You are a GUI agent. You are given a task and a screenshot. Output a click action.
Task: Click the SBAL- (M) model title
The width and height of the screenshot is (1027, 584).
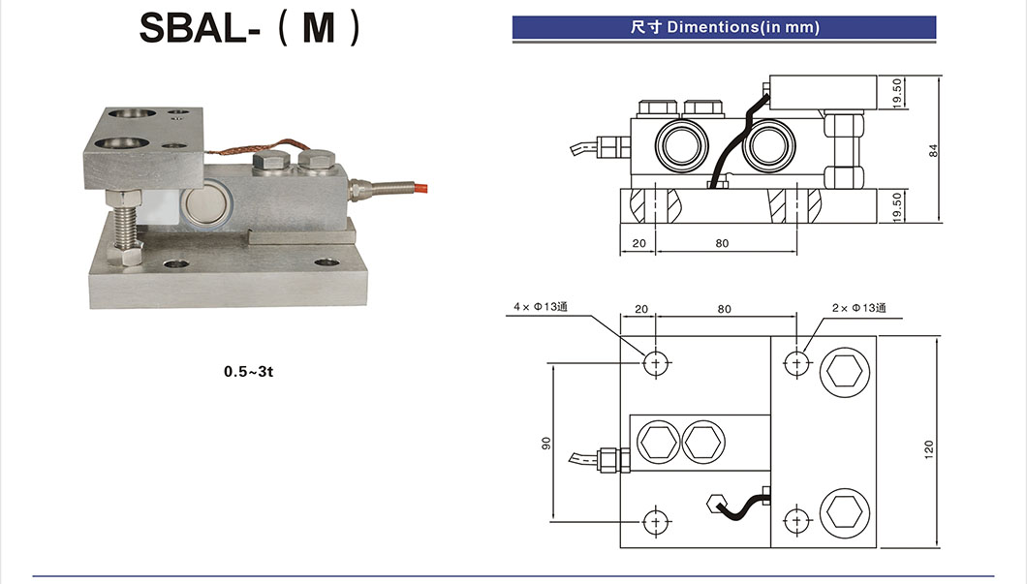(250, 28)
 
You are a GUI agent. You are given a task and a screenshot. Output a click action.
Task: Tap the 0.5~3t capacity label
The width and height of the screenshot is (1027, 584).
(250, 372)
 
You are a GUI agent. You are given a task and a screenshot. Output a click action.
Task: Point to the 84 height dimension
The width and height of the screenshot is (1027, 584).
(934, 150)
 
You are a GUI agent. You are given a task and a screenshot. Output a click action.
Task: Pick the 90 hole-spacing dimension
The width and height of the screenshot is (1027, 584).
(546, 443)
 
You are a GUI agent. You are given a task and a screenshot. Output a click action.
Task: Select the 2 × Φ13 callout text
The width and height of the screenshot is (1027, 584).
(858, 308)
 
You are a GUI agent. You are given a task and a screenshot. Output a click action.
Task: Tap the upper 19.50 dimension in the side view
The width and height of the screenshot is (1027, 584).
(897, 93)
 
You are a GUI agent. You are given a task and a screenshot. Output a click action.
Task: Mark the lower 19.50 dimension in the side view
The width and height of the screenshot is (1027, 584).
(897, 206)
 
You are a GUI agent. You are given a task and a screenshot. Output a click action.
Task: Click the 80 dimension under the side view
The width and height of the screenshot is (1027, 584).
(722, 243)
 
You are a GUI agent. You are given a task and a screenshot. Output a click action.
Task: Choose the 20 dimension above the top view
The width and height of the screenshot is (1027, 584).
(640, 310)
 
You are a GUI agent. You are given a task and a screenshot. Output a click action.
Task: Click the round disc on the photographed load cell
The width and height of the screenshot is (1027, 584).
(204, 204)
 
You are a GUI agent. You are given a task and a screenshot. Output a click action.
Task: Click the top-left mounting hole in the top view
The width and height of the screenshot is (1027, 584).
(656, 363)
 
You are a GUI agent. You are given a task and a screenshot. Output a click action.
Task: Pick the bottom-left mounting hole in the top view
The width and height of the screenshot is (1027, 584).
(656, 520)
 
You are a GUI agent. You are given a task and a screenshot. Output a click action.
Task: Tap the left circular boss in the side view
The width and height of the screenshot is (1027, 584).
(674, 145)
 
